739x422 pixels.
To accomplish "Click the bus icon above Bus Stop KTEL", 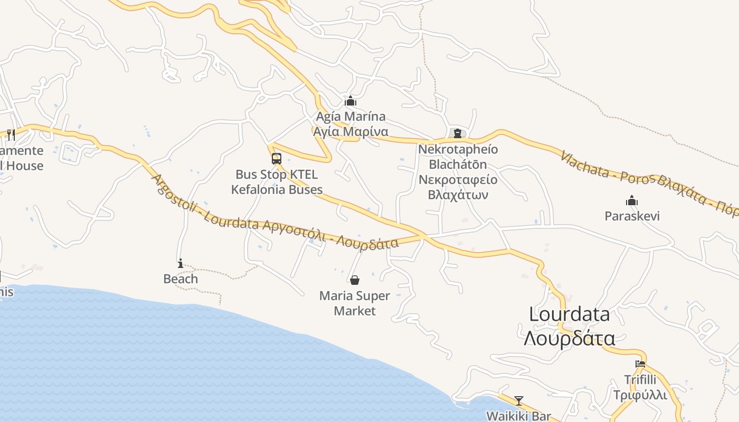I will pos(276,158).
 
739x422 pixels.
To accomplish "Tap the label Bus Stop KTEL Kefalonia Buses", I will pos(277,181).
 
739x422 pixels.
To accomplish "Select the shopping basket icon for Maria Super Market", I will pos(355,280).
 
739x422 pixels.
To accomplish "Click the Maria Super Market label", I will pos(355,303).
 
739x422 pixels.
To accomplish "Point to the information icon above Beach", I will pos(181,263).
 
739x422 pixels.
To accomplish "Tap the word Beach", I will pos(181,279).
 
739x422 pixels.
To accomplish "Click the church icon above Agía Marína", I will pos(350,101).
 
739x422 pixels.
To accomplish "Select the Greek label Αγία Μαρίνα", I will pos(350,131).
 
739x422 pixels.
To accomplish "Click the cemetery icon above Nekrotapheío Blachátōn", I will pos(457,133).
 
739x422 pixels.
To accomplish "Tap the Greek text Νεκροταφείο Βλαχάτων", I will pos(458,187).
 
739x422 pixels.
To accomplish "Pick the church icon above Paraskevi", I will pos(632,200).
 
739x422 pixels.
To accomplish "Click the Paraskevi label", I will pos(632,216).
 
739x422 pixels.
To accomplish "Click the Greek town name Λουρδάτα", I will pos(569,338).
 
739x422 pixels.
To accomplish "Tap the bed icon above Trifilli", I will pos(640,364).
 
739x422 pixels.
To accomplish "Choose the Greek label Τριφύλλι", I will pos(640,395).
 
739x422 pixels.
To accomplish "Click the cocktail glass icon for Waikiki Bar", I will pos(519,401).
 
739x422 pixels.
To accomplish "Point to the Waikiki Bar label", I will pos(518,416).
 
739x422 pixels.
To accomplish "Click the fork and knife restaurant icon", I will pos(11,135).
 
